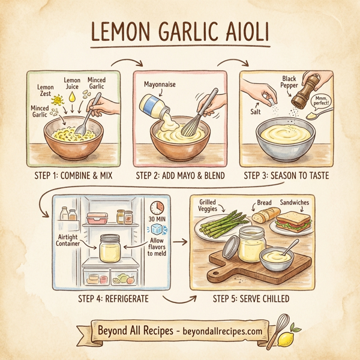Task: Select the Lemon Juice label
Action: pyautogui.click(x=73, y=83)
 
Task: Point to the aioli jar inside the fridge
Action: pyautogui.click(x=111, y=247)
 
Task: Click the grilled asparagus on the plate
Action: pyautogui.click(x=218, y=230)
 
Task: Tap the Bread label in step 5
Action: pyautogui.click(x=264, y=203)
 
